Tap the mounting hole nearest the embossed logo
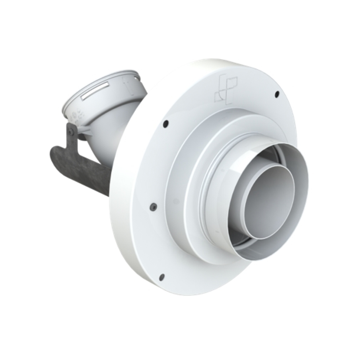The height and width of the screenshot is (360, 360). point(277,94)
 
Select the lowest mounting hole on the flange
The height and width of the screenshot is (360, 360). point(162,276)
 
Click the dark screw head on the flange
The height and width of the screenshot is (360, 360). point(153,206)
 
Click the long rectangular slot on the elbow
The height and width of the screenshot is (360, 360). point(95,91)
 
